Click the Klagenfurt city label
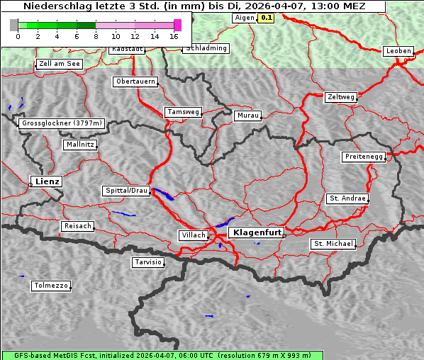point(257,232)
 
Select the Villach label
point(193,235)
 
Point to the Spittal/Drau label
point(126,191)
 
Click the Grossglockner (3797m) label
point(62,123)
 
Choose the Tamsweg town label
point(184,112)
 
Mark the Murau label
point(248,115)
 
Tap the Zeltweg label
point(341,96)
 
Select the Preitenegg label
point(364,156)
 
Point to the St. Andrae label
point(347,198)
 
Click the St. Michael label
point(333,244)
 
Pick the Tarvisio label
point(148,262)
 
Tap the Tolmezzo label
point(51,286)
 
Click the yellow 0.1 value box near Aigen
point(267,17)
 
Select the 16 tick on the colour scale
point(174,35)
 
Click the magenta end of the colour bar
point(177,25)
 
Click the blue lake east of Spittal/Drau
point(163,194)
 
